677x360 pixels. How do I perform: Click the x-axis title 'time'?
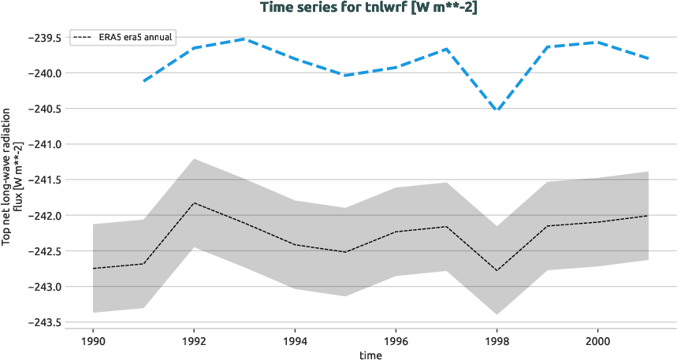[370, 354]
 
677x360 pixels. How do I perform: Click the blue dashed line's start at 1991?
[143, 81]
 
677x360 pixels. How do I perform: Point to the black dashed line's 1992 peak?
[194, 202]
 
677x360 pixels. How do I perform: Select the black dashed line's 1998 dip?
[497, 270]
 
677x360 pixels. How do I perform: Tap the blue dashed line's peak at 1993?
[244, 39]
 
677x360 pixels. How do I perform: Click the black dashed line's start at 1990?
[93, 269]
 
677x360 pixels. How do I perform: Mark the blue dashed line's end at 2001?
[648, 58]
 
